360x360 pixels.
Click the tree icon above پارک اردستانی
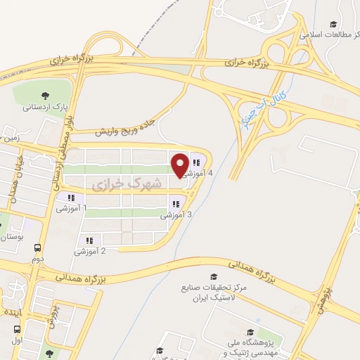(x=46, y=96)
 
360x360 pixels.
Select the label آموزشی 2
(x=90, y=251)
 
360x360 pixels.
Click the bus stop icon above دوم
(x=37, y=248)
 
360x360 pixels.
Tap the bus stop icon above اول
(x=17, y=330)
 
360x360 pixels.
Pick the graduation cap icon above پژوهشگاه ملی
(x=250, y=332)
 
